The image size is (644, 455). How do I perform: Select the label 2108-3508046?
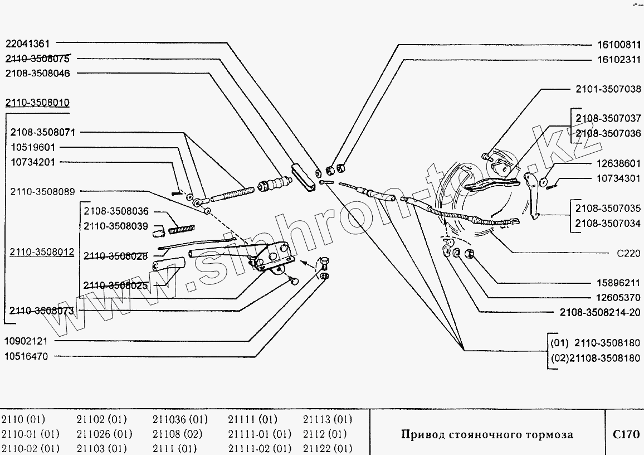tap(38, 73)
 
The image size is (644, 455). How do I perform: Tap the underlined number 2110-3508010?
tap(38, 103)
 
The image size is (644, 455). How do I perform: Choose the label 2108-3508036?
tap(116, 211)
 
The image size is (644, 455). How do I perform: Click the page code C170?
tap(626, 434)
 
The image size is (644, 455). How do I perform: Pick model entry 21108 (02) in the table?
tap(177, 434)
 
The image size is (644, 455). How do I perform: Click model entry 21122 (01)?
tap(328, 448)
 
